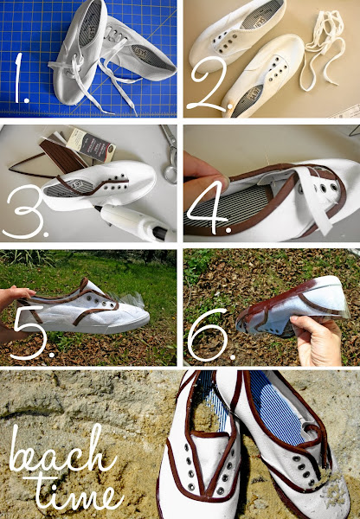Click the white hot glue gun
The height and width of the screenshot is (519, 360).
137,222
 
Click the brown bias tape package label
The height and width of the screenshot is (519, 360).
90,144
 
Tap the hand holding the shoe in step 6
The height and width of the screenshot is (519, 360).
317,340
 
